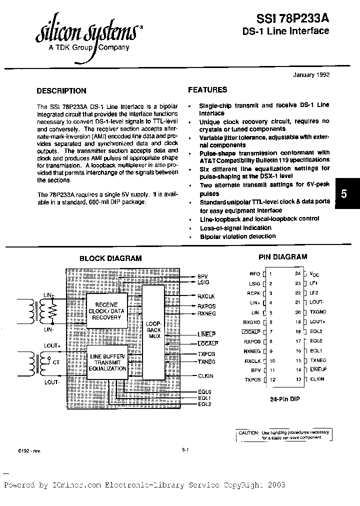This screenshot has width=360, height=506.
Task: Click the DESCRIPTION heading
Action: (61, 91)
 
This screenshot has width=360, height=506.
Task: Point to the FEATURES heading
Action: (207, 90)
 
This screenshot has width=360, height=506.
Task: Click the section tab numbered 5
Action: (344, 194)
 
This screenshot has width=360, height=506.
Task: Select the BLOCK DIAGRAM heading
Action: (110, 258)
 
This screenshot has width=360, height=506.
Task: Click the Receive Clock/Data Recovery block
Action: (106, 311)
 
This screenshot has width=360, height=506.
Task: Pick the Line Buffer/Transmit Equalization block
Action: (108, 362)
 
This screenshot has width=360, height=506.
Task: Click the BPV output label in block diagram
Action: (202, 276)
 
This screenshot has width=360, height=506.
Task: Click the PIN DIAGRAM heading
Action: (282, 257)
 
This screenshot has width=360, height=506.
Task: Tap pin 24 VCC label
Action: (313, 274)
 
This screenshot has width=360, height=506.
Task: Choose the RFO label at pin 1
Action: (254, 274)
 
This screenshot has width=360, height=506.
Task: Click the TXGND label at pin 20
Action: (317, 312)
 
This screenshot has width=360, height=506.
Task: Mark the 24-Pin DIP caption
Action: (284, 399)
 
